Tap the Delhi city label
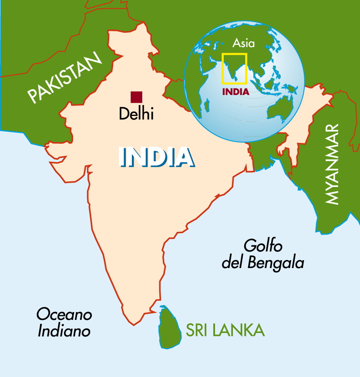136,114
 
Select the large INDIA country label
156,157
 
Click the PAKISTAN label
64,77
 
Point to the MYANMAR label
332,164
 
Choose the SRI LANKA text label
225,330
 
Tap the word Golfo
263,246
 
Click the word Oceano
64,314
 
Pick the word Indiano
64,331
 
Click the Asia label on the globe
243,43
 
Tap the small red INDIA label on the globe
236,92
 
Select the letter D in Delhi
124,114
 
